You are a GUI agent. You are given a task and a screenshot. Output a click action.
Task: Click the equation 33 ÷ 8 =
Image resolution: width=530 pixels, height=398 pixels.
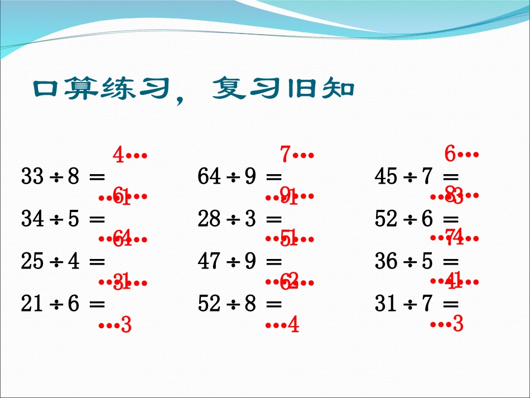click(x=62, y=177)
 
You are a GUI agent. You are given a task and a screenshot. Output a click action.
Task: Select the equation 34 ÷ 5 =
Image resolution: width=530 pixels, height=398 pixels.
click(x=62, y=219)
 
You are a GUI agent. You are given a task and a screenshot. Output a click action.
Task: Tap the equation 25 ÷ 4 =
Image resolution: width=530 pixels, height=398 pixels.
click(x=62, y=262)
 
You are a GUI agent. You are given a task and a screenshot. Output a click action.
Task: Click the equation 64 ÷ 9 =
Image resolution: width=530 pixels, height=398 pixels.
click(x=239, y=177)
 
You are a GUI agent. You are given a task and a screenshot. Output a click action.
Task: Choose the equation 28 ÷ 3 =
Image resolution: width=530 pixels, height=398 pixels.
click(x=239, y=219)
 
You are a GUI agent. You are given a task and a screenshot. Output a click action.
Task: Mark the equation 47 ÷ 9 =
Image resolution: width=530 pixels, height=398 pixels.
click(x=239, y=262)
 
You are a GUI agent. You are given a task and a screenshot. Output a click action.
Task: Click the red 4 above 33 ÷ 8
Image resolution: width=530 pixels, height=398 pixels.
click(x=118, y=155)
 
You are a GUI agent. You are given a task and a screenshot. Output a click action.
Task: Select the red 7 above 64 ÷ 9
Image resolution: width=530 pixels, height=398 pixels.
click(x=285, y=154)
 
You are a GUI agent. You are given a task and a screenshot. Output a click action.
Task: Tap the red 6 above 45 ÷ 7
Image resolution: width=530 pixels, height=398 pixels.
click(x=450, y=154)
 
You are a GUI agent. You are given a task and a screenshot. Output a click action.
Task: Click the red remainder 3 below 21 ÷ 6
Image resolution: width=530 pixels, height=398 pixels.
click(x=126, y=324)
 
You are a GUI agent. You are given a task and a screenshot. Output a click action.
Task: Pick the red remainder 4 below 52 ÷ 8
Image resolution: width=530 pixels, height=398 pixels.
click(x=293, y=324)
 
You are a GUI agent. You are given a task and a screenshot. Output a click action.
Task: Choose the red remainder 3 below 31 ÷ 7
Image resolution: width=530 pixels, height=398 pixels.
click(x=458, y=324)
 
